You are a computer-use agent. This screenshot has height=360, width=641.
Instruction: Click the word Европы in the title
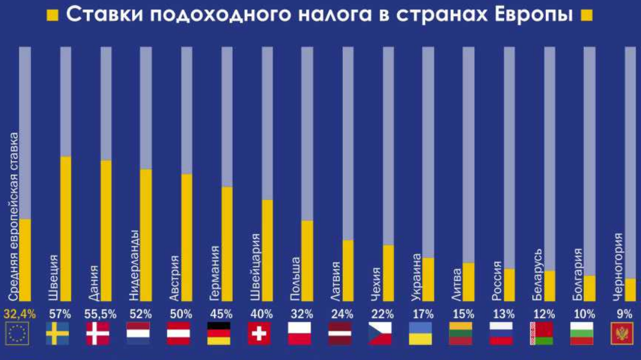529,14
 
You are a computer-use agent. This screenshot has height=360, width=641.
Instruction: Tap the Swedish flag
58,334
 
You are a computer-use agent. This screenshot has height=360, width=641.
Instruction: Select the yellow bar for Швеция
65,228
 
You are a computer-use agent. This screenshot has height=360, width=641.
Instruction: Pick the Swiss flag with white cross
259,334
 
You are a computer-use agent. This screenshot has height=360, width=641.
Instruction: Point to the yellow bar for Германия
227,244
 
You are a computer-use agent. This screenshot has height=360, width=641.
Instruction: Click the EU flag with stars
17,334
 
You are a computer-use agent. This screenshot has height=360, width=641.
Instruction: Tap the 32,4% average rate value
20,314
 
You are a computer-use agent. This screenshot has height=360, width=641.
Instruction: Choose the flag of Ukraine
420,334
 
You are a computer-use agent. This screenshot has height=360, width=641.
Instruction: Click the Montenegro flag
623,334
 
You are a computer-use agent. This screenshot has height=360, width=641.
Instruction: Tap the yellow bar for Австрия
186,237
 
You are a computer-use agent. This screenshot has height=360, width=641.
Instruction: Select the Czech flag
380,334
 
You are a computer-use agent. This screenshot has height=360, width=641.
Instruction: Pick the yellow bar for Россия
509,285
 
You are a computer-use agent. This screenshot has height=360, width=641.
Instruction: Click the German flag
218,334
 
